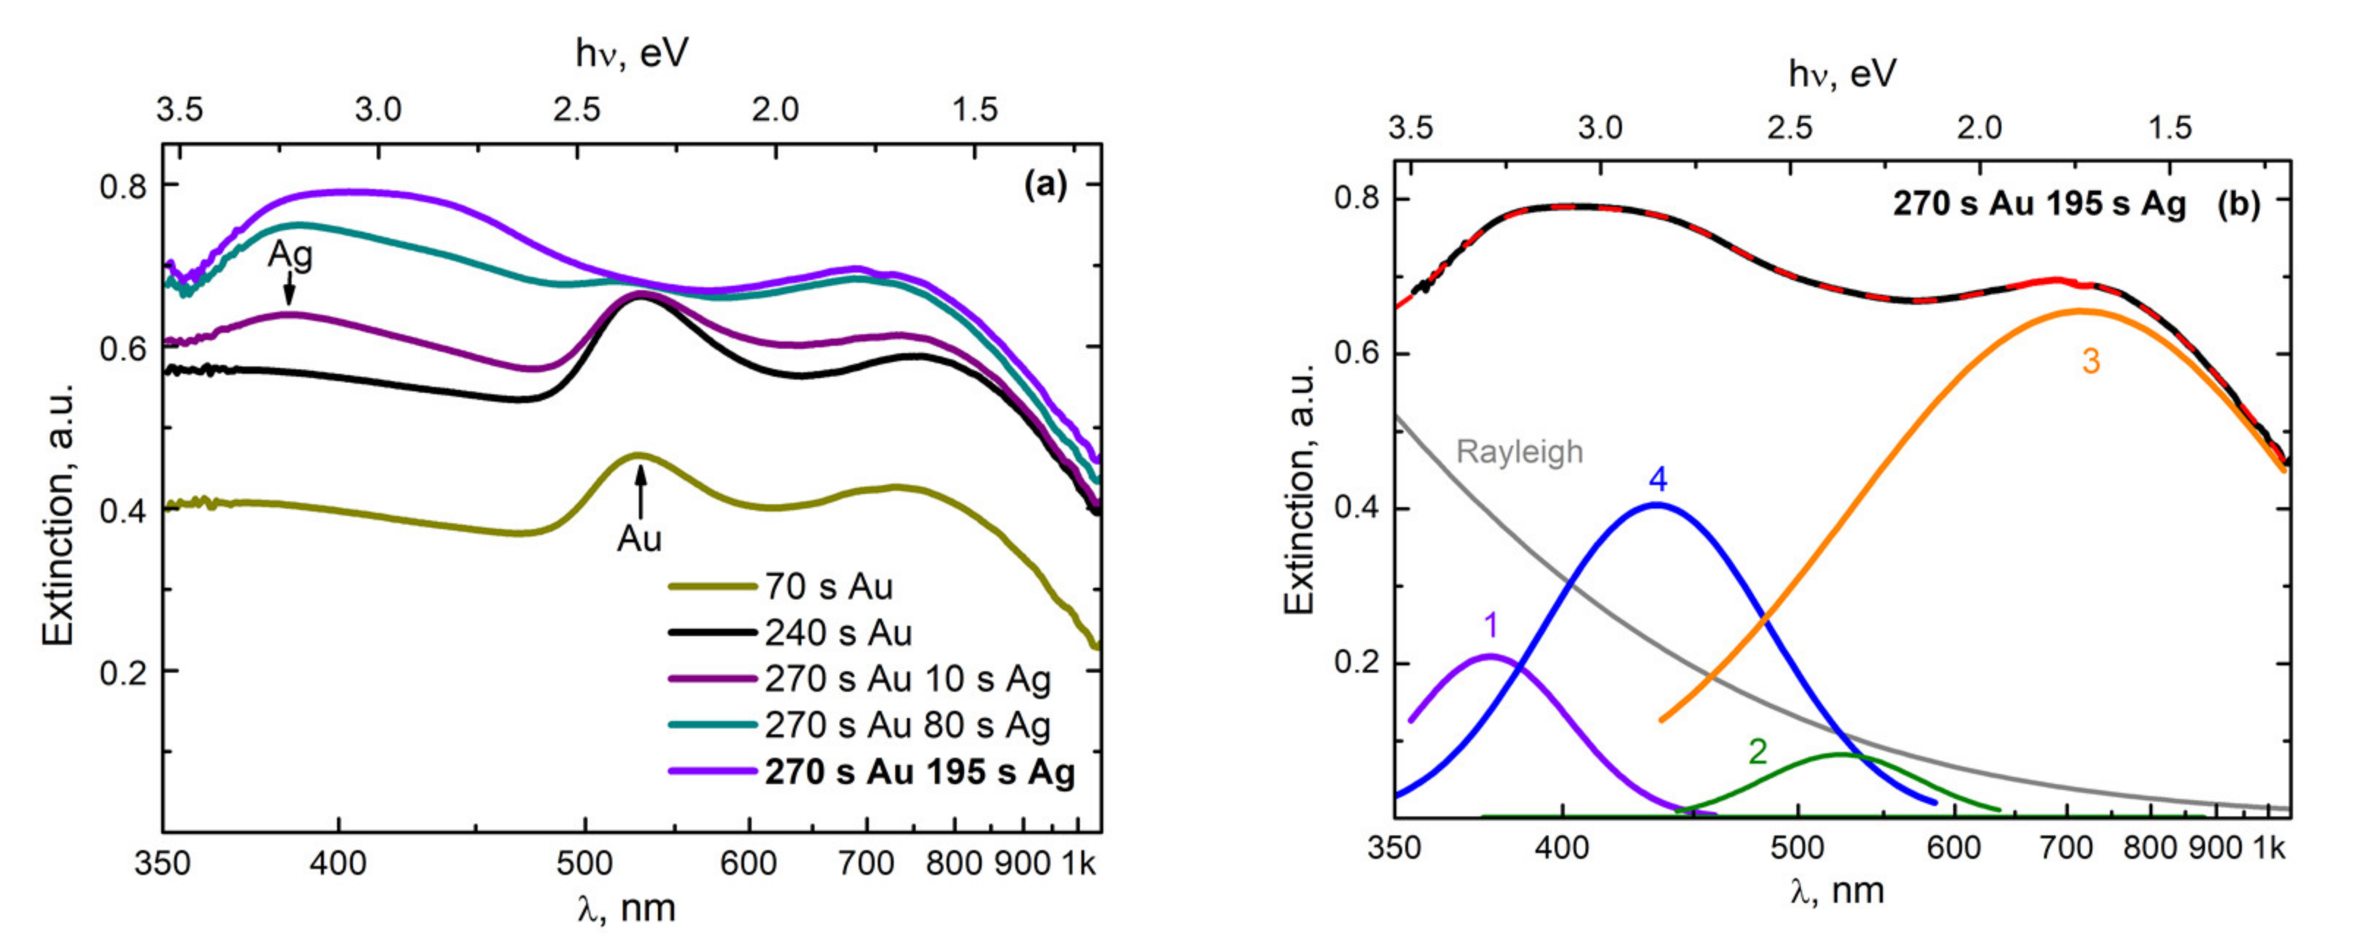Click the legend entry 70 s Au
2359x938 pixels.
coord(829,586)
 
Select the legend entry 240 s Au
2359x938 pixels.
coord(838,633)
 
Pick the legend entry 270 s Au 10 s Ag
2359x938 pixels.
coord(908,679)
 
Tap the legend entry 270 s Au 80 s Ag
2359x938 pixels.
coord(908,725)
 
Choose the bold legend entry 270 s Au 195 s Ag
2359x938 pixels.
coord(919,772)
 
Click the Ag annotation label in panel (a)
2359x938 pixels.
coord(289,255)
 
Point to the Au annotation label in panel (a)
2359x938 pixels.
coord(638,539)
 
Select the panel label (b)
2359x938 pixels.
coord(2238,204)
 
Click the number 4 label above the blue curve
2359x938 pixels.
coord(1657,479)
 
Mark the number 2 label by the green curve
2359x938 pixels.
coord(1758,752)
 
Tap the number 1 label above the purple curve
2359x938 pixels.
coord(1491,626)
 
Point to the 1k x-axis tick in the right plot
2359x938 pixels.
coord(2267,849)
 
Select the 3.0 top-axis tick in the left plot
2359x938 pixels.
coord(378,110)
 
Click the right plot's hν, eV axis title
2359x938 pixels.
coord(1842,73)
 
